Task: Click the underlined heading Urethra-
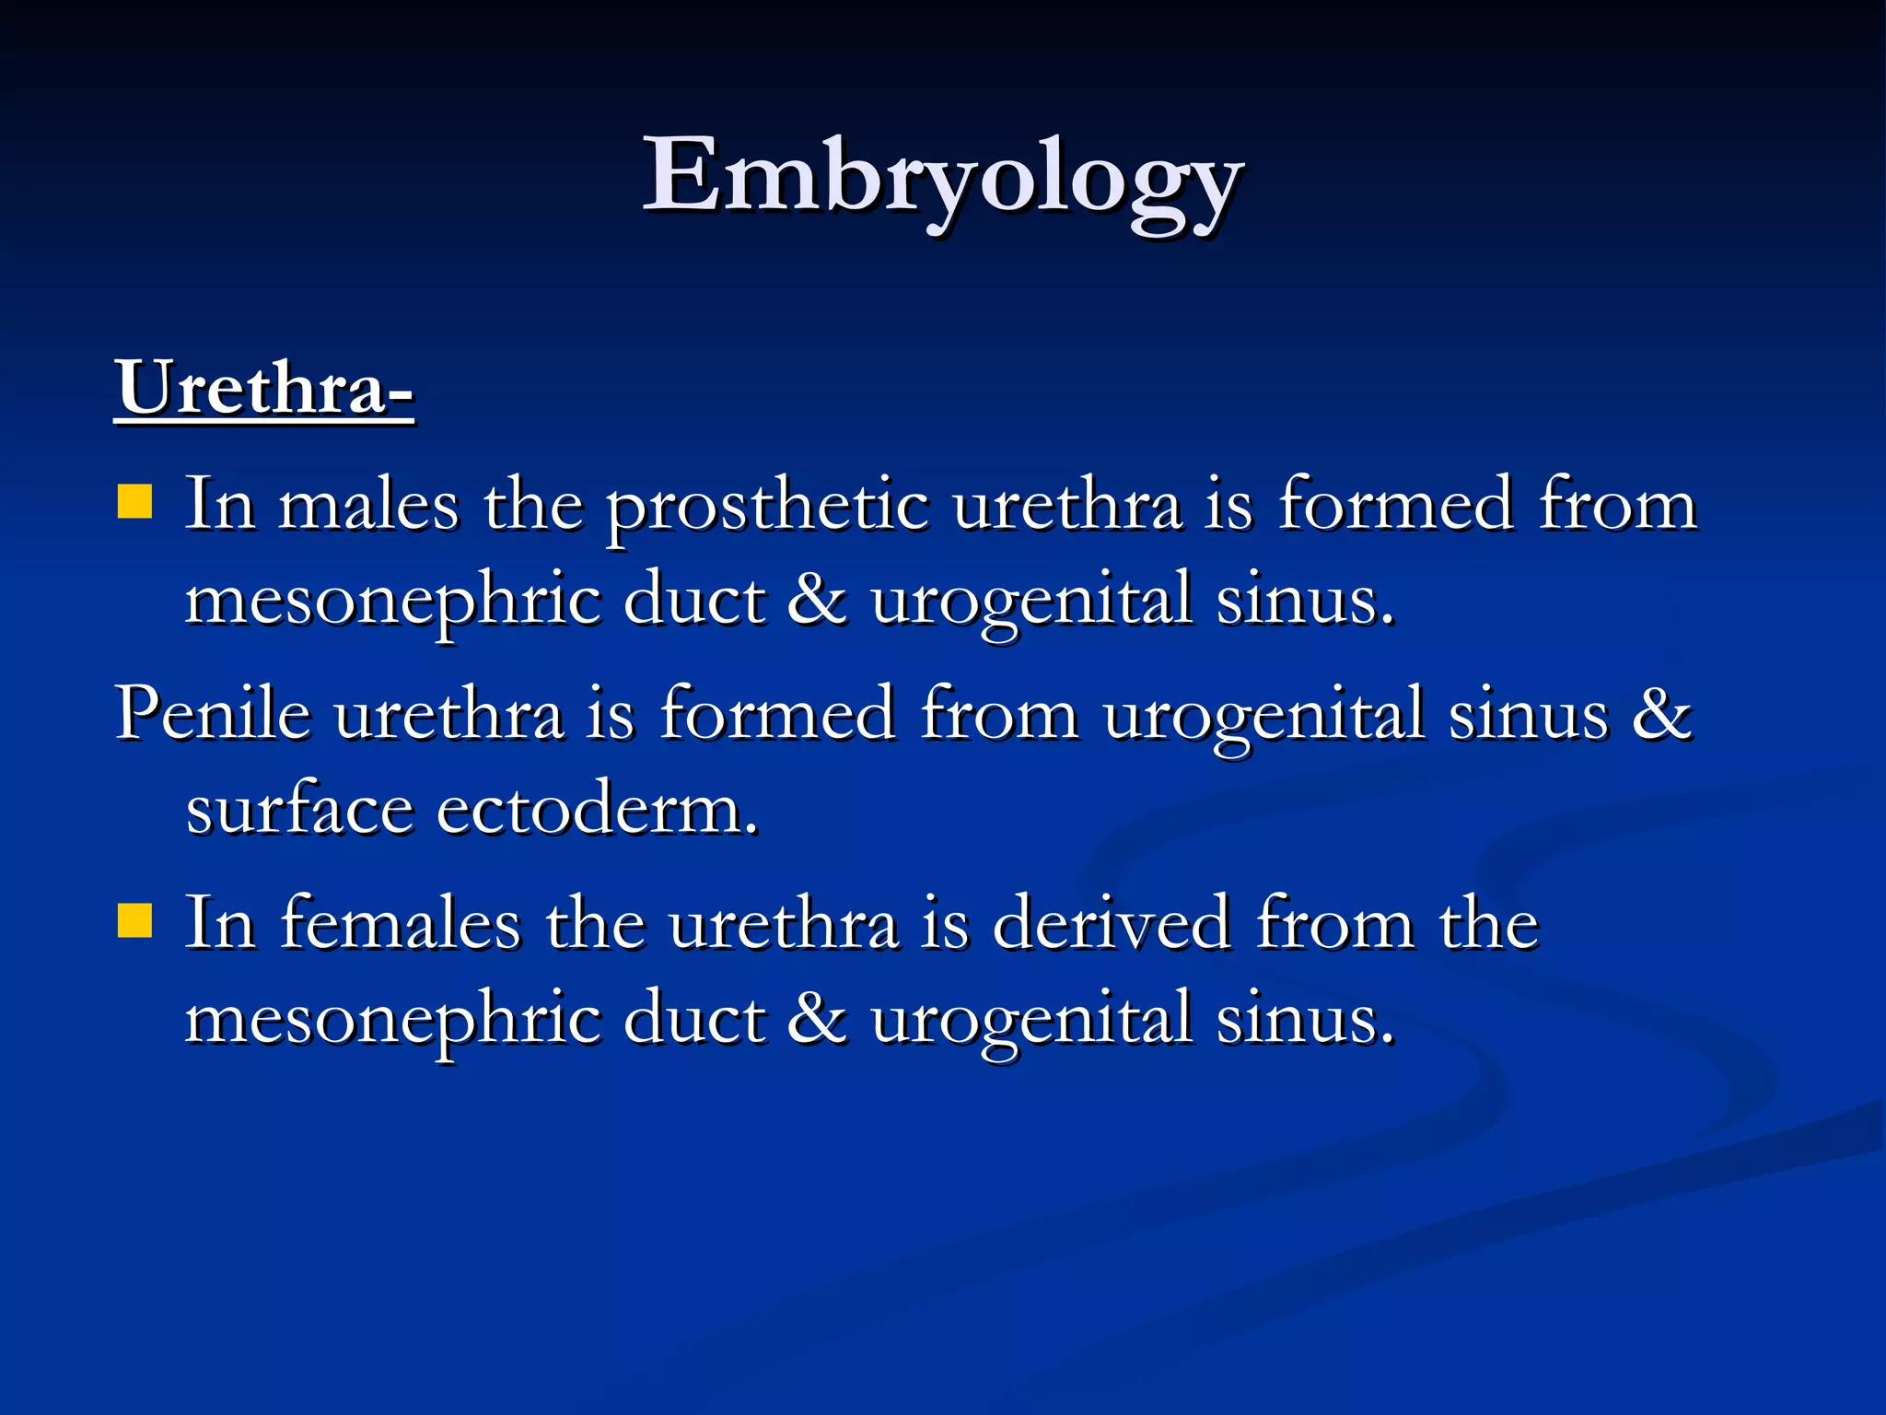click(264, 389)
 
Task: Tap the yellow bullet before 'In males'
click(134, 503)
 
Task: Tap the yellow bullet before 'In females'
click(134, 919)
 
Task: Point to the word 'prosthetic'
click(767, 507)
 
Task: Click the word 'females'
click(401, 923)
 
